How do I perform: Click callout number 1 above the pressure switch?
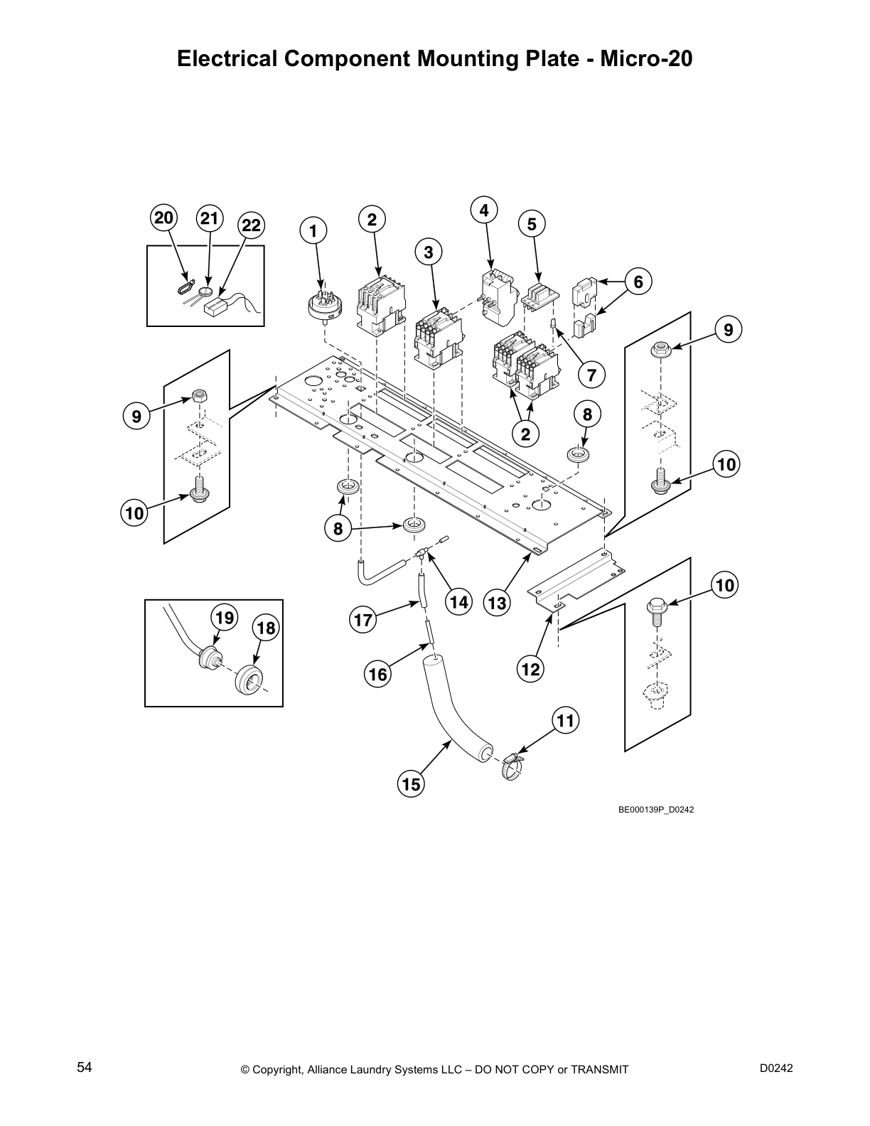coord(313,231)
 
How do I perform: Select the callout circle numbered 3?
coord(429,252)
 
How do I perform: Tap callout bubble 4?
coord(484,210)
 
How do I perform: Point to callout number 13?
coord(498,603)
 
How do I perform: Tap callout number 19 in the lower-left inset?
coord(225,618)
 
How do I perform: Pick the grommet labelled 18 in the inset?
coord(247,678)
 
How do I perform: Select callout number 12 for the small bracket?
coord(531,669)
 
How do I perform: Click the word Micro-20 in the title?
coord(646,58)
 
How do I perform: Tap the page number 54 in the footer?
coord(85,1067)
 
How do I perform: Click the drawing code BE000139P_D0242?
coord(655,809)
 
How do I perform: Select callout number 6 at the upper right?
coord(638,282)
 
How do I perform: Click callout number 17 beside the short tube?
coord(363,620)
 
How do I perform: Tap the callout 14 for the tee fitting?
coord(458,602)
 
